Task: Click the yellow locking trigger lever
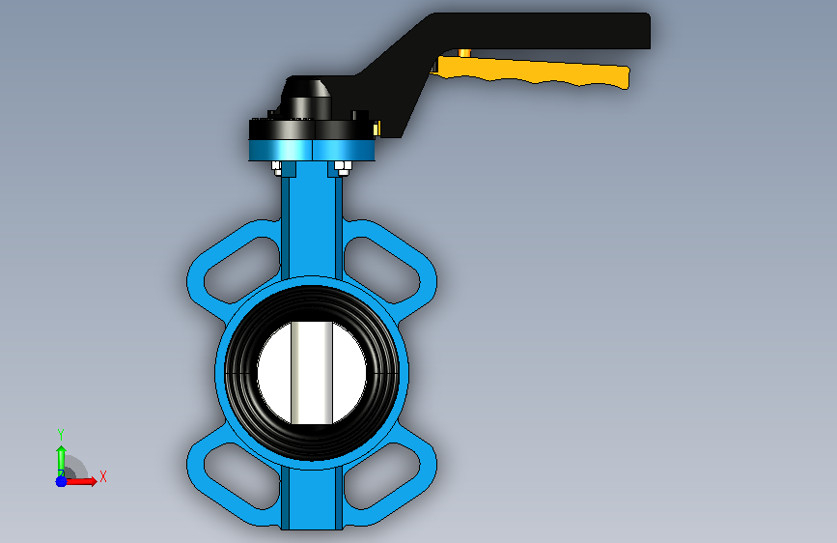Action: point(534,71)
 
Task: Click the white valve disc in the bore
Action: point(312,373)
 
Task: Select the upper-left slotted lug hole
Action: point(242,269)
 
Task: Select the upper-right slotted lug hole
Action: point(381,269)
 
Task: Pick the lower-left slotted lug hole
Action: point(242,475)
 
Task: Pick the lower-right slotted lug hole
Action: point(381,475)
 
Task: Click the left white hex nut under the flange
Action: point(277,168)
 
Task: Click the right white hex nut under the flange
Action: point(342,168)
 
